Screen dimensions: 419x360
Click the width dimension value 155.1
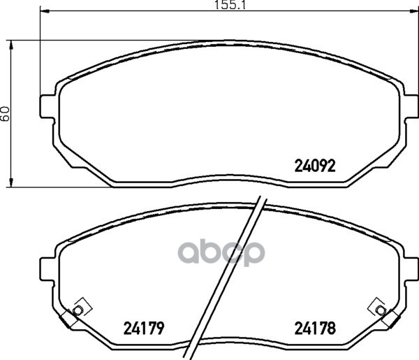click(x=230, y=5)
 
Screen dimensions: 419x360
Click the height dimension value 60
click(x=5, y=113)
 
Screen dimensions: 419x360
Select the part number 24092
click(x=315, y=166)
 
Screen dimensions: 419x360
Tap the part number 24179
click(x=143, y=328)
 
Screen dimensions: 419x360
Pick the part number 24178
click(x=315, y=328)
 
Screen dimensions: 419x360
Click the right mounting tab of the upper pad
click(x=411, y=106)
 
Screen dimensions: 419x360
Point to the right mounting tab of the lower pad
click(x=411, y=269)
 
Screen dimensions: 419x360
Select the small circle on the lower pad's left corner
click(x=78, y=310)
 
